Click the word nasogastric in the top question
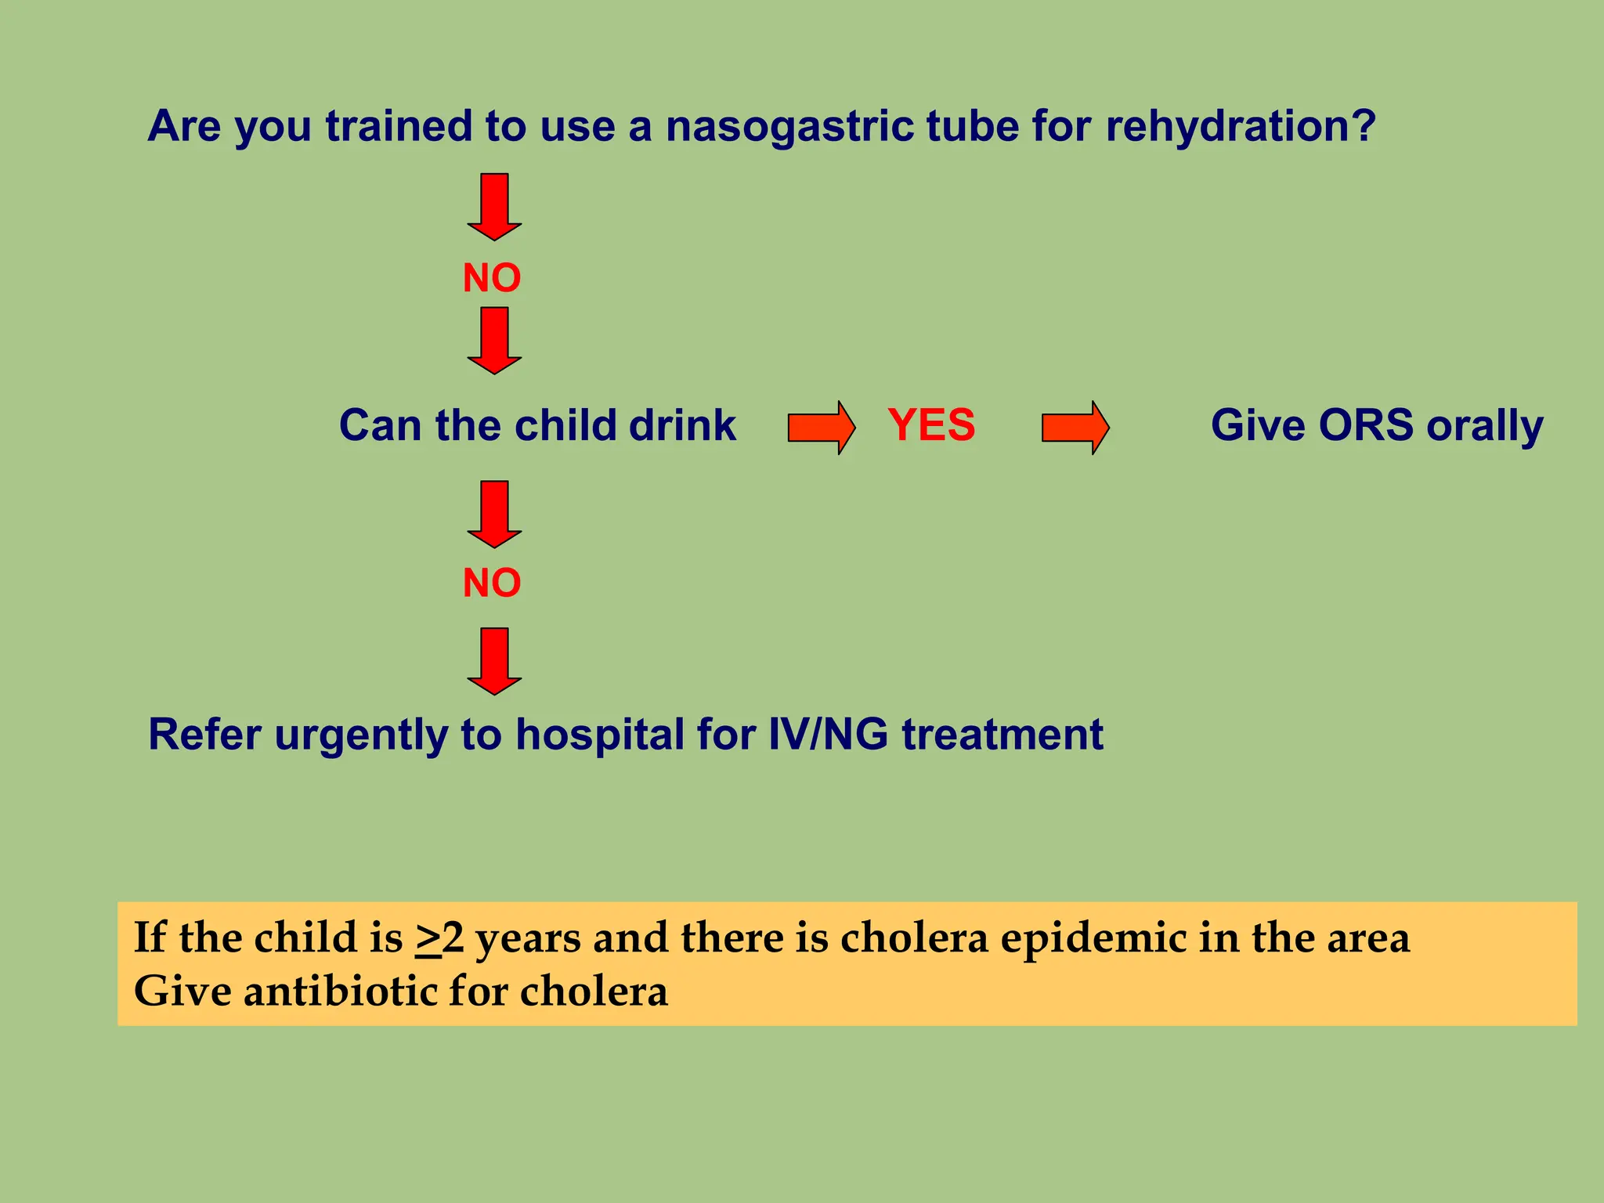[x=789, y=127]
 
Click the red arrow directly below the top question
[x=494, y=207]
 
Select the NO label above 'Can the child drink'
[x=492, y=278]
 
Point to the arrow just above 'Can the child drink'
[x=494, y=340]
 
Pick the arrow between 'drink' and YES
[x=821, y=427]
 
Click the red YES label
[x=931, y=425]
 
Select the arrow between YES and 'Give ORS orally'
[x=1075, y=427]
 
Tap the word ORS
[x=1366, y=425]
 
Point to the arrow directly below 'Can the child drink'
[x=494, y=514]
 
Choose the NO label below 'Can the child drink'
[x=492, y=583]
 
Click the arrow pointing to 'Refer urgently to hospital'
[x=494, y=661]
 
